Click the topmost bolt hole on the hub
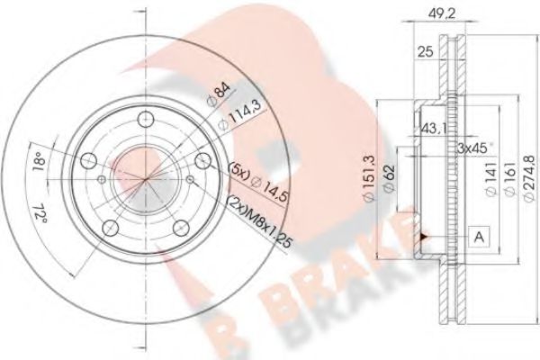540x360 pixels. point(143,115)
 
